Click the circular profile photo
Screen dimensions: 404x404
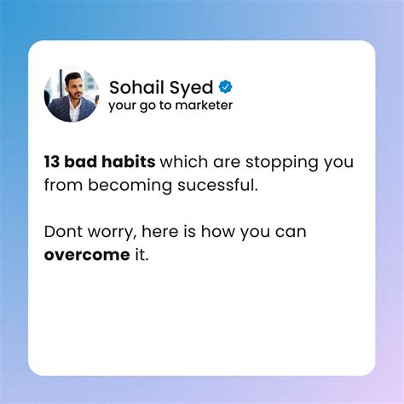(x=72, y=95)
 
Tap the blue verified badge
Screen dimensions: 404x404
(x=226, y=86)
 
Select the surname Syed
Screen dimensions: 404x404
(x=193, y=87)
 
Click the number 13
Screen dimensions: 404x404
(x=52, y=162)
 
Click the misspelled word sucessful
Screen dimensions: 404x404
(x=219, y=185)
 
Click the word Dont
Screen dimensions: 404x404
(x=62, y=232)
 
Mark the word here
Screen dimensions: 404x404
(x=159, y=232)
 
